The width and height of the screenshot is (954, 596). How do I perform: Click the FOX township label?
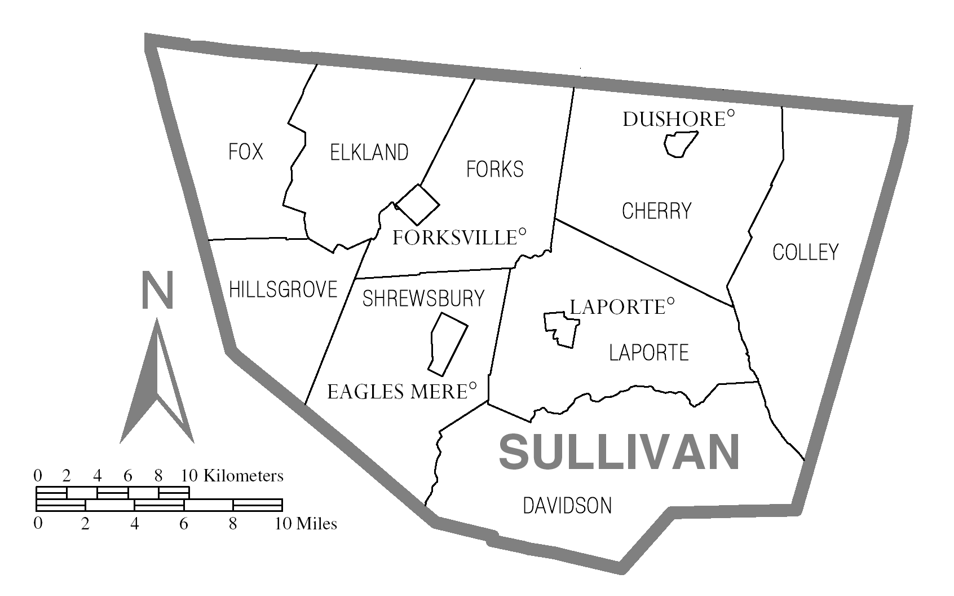(x=246, y=152)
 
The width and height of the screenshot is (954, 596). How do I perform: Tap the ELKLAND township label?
(x=369, y=152)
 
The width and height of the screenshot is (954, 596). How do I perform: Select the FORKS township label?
(x=494, y=169)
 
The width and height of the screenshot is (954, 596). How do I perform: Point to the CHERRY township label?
(x=656, y=211)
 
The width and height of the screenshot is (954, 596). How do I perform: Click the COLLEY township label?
(x=805, y=252)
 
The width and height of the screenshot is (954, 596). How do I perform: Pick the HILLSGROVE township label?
(x=283, y=290)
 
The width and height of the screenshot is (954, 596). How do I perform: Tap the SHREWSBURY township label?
(x=423, y=299)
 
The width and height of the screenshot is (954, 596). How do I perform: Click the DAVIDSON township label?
(x=567, y=506)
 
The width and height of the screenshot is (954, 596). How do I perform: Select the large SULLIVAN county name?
(x=619, y=452)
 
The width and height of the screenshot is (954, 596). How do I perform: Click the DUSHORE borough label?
(x=674, y=119)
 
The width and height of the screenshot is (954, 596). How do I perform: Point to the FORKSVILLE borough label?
(x=455, y=238)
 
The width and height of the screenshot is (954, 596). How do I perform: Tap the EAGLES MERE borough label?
(x=398, y=392)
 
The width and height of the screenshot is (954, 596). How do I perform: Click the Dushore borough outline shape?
(x=680, y=144)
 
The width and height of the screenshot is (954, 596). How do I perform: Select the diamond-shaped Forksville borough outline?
(x=418, y=204)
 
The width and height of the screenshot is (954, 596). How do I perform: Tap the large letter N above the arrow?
(x=157, y=291)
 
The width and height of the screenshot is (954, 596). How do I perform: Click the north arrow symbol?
(x=157, y=384)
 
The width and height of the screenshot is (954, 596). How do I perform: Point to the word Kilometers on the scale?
(x=243, y=476)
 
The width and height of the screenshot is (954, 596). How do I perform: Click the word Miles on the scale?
(x=316, y=524)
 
